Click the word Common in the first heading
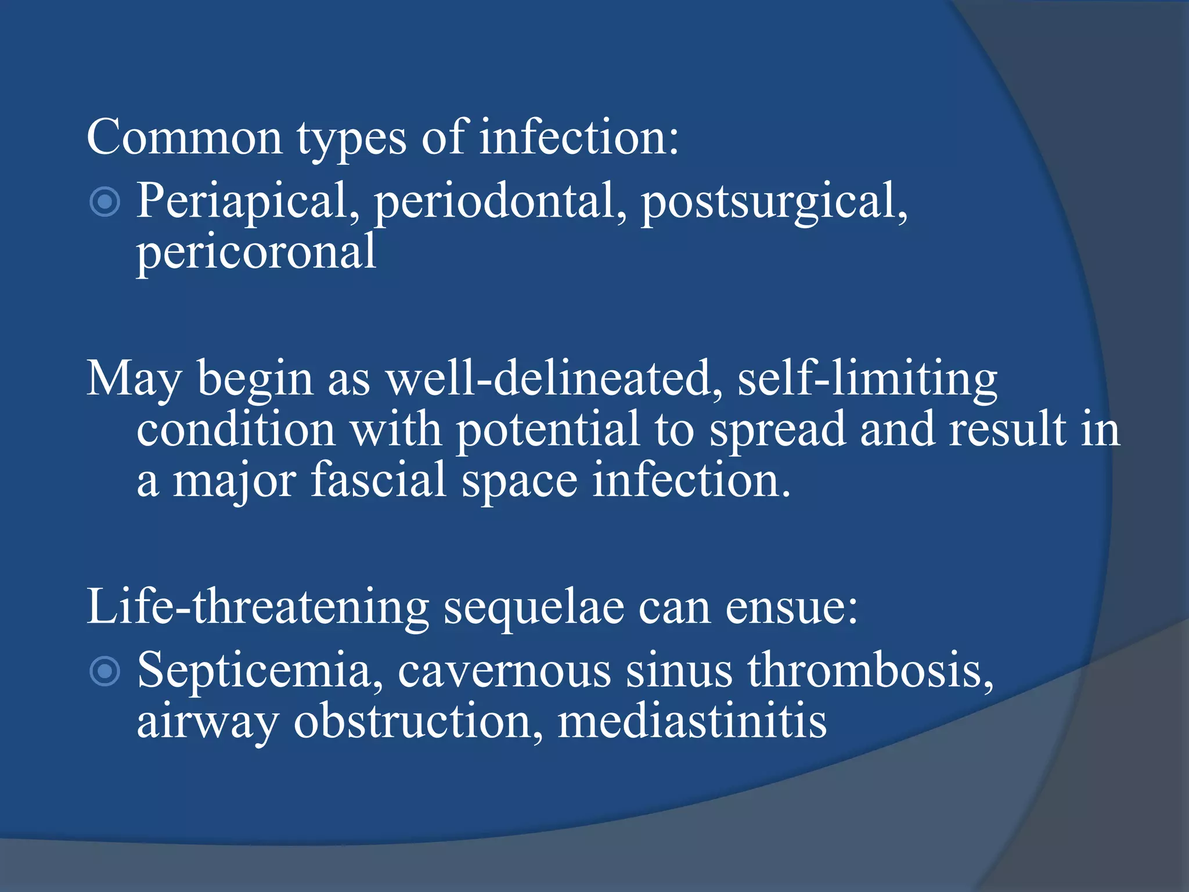[x=185, y=137]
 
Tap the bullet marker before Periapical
[x=105, y=202]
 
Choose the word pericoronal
[x=256, y=252]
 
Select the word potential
[x=547, y=430]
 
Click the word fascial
[x=379, y=481]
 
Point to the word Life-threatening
[x=257, y=607]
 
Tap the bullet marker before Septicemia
[x=105, y=672]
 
